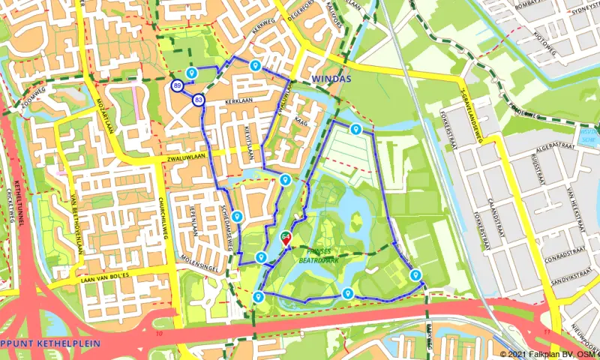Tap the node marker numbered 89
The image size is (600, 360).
click(x=177, y=86)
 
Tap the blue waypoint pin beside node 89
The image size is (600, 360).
click(x=191, y=72)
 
